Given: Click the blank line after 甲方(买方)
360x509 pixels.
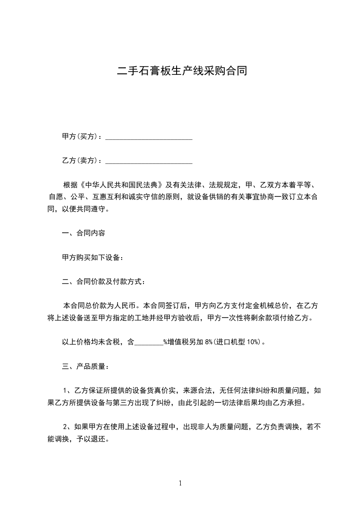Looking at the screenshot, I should coord(149,137).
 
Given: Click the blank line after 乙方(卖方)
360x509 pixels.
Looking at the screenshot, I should coord(149,161).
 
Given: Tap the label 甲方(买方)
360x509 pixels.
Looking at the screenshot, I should coord(80,136).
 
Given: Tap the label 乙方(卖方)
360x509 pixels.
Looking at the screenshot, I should coord(80,160).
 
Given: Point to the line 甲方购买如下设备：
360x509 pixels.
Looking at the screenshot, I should coord(93,257).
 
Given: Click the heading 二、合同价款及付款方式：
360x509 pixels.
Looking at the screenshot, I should coord(104,282).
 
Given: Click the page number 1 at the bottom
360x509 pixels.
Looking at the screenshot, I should coord(180,484).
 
